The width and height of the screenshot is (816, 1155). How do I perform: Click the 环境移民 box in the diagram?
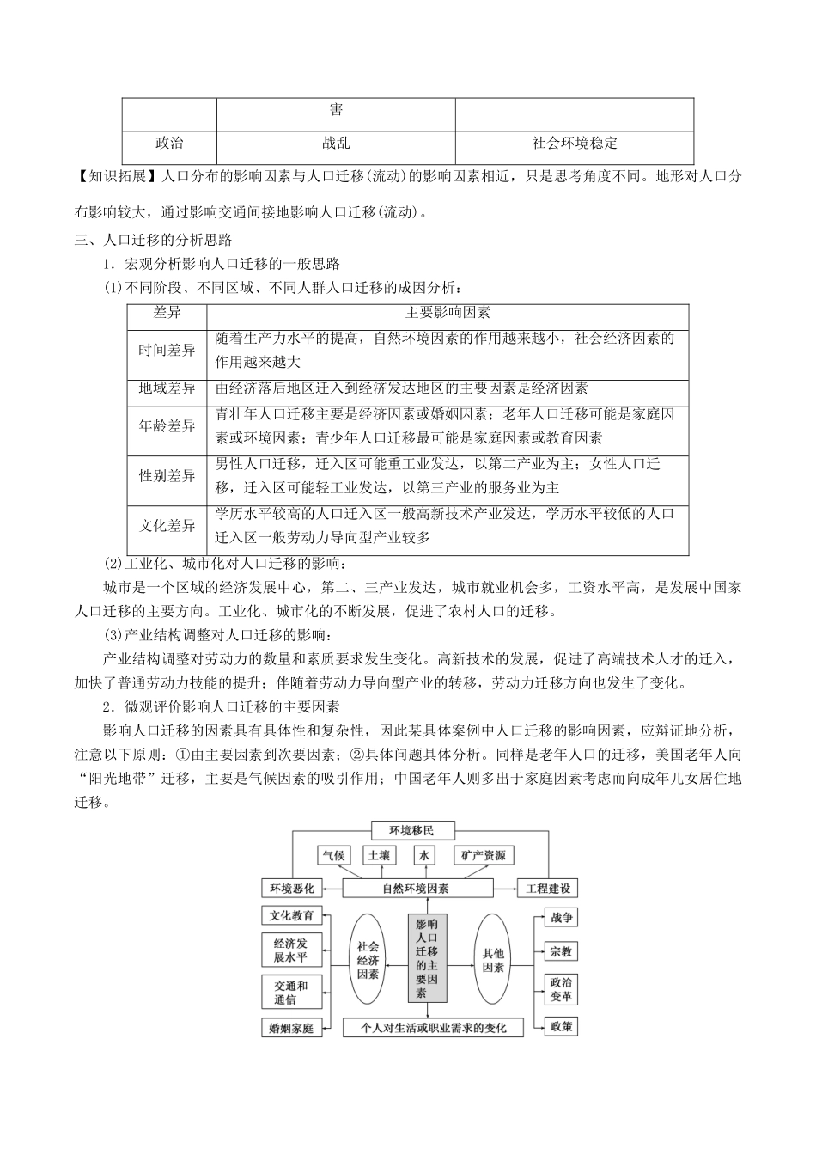[x=411, y=830]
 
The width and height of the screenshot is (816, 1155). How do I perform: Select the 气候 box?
[x=333, y=855]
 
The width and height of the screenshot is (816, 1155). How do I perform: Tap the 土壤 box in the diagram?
[x=379, y=855]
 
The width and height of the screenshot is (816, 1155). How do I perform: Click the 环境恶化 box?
[x=292, y=888]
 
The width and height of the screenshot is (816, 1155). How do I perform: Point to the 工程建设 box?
[x=546, y=888]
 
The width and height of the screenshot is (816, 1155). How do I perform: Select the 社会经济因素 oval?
[x=368, y=958]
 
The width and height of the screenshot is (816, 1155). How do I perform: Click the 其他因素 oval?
[x=493, y=958]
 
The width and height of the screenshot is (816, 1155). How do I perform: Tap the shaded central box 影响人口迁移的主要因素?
[x=427, y=958]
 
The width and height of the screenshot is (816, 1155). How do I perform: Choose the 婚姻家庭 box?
[x=292, y=1027]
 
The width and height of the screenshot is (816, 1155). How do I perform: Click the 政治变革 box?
[x=562, y=989]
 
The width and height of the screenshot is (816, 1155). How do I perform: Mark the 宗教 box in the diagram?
[x=562, y=951]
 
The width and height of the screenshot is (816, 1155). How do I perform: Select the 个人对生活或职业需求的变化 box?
[x=433, y=1027]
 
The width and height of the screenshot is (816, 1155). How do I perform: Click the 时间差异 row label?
[x=167, y=351]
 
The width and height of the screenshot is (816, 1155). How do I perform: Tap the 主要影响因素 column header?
[x=448, y=314]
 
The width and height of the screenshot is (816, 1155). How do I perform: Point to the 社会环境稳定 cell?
[x=574, y=144]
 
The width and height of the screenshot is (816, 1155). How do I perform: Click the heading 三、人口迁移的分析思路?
[x=153, y=240]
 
